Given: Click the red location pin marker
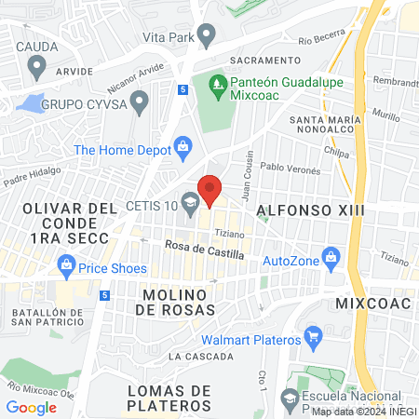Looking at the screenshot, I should [209, 190].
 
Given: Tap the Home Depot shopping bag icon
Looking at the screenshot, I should [183, 146].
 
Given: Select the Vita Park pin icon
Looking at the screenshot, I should [206, 36].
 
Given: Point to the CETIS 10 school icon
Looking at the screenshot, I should [190, 201].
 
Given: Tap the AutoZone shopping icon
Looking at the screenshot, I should [329, 255].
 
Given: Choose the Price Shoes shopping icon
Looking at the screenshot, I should [67, 268].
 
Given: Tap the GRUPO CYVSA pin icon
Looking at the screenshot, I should [140, 101].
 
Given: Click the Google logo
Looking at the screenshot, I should [31, 407].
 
